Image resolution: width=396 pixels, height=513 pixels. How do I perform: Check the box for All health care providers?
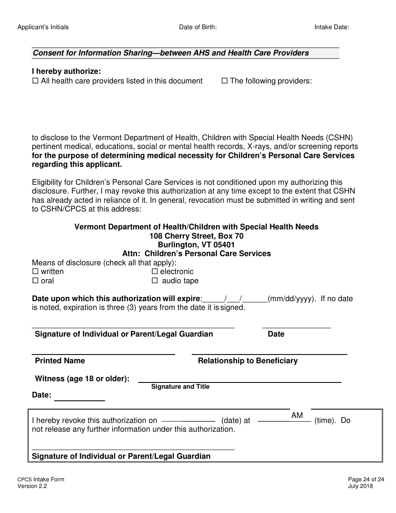coord(35,81)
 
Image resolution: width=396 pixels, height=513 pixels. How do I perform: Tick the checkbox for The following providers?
coord(224,81)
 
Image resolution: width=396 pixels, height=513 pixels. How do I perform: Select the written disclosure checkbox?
coord(35,272)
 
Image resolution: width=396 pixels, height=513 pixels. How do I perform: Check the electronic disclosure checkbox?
coord(155,272)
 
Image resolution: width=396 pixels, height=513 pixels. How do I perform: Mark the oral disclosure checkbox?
coord(35,281)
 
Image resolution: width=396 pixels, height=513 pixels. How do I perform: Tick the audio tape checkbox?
coord(155,281)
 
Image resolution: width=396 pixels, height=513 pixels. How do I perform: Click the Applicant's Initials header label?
coord(43,27)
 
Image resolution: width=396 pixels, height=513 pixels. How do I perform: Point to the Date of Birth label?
coord(198,27)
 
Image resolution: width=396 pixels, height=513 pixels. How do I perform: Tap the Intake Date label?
coord(331,27)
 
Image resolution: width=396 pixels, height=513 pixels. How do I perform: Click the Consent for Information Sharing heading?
coord(171,53)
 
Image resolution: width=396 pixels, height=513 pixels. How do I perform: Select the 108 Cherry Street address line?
coord(196,236)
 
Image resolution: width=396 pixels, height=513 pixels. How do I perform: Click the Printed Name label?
coord(60,361)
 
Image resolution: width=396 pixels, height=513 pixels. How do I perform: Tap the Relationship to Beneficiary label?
coord(248,361)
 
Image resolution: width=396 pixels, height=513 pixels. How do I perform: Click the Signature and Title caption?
coord(180,387)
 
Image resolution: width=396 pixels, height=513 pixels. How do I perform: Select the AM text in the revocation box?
coord(297,415)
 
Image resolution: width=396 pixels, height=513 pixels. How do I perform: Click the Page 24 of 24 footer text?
coord(360,480)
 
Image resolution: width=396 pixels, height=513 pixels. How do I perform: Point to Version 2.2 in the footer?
coord(32,486)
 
